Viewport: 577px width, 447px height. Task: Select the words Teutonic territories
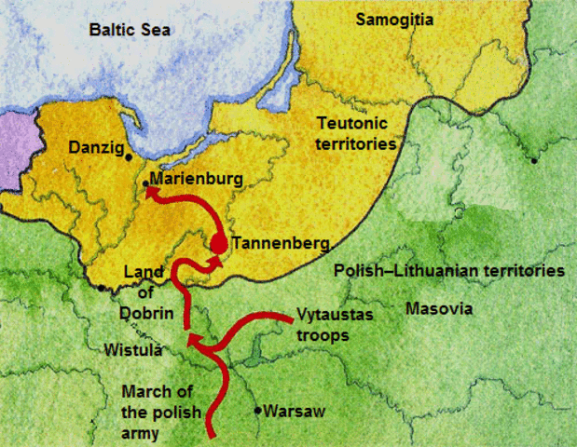[356, 134]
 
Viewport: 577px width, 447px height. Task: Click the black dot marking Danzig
[129, 157]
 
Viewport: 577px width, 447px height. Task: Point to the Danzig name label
[95, 147]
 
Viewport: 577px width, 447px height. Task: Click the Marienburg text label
[196, 177]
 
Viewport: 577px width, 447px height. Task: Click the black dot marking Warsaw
[258, 410]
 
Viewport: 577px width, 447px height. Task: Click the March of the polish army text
[158, 411]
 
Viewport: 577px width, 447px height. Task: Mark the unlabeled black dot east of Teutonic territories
[534, 160]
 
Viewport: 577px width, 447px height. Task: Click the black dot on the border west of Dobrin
[101, 288]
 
